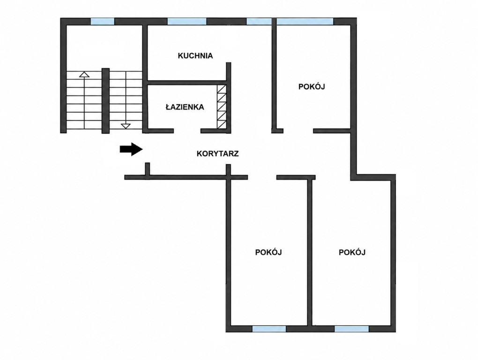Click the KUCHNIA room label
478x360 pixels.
195,56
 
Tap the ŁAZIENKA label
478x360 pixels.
185,107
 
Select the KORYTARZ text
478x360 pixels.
217,154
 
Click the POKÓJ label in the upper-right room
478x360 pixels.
312,87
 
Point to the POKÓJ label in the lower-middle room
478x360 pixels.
268,252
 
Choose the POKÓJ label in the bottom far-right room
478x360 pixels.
352,252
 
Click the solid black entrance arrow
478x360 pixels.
131,149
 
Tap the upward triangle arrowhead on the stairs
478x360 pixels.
84,74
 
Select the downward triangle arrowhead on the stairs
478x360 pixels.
126,126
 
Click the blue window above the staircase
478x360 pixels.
103,22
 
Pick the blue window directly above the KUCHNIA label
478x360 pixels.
187,22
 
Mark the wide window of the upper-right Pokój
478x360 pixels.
305,22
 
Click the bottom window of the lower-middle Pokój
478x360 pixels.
269,329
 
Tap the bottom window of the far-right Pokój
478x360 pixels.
352,329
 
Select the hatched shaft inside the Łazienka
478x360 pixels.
222,107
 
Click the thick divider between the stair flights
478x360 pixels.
105,101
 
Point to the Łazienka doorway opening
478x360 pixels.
187,131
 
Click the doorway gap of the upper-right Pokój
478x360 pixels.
299,131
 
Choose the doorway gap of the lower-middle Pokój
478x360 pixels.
262,177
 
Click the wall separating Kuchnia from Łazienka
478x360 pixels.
187,82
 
